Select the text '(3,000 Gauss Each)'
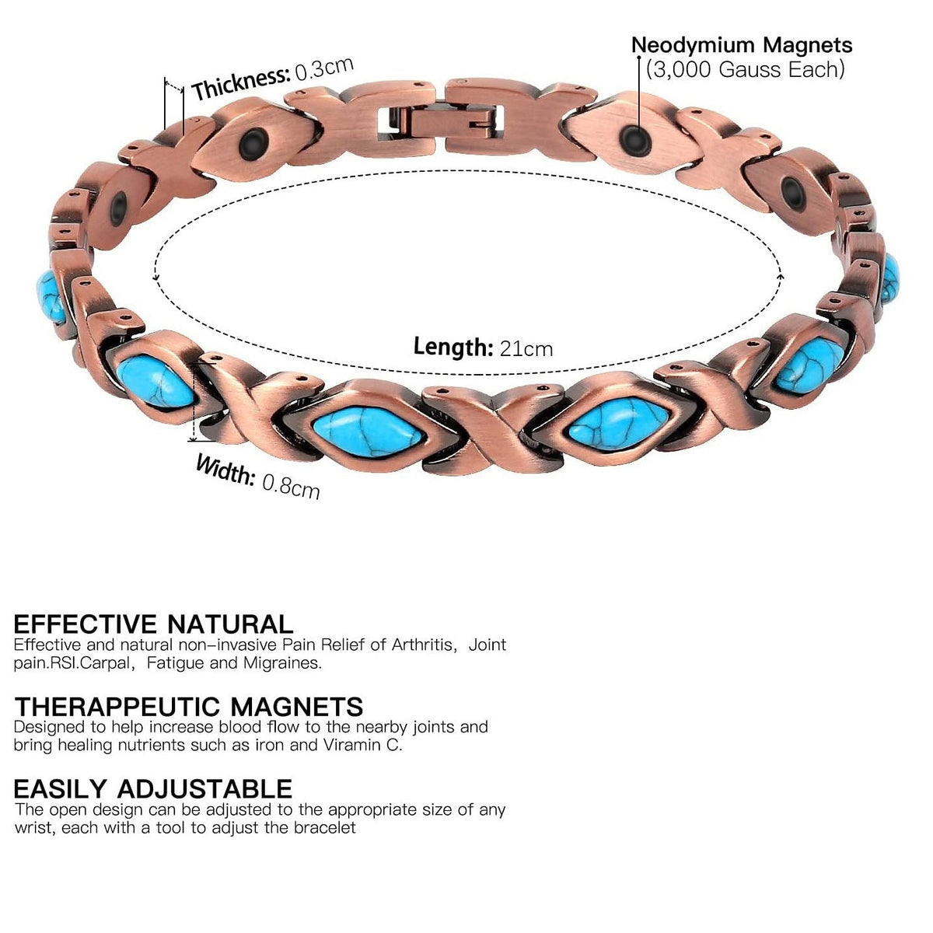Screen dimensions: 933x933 (x=745, y=69)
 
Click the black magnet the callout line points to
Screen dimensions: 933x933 (x=636, y=140)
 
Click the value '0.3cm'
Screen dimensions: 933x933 (x=324, y=68)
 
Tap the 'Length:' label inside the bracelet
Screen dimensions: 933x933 (x=453, y=346)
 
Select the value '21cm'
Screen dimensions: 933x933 (x=526, y=348)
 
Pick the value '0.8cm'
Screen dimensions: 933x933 (x=290, y=487)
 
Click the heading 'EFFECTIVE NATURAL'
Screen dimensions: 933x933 (x=153, y=624)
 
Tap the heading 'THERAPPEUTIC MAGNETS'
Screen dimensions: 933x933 (x=188, y=706)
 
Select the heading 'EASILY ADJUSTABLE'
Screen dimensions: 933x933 (x=152, y=788)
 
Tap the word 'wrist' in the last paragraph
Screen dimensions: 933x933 (x=32, y=828)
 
